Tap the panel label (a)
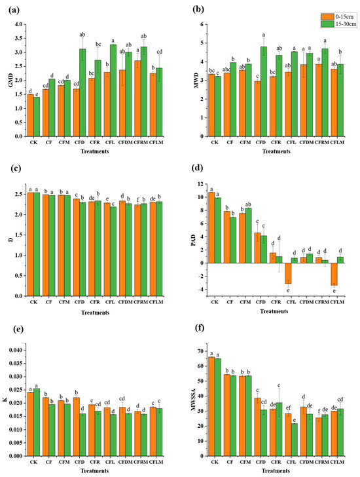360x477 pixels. [9, 9]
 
